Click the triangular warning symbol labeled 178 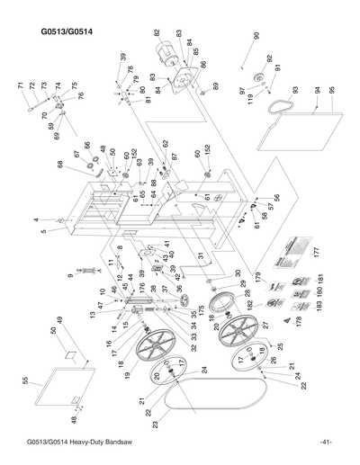[x=297, y=319]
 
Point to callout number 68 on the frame [x=60, y=165]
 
